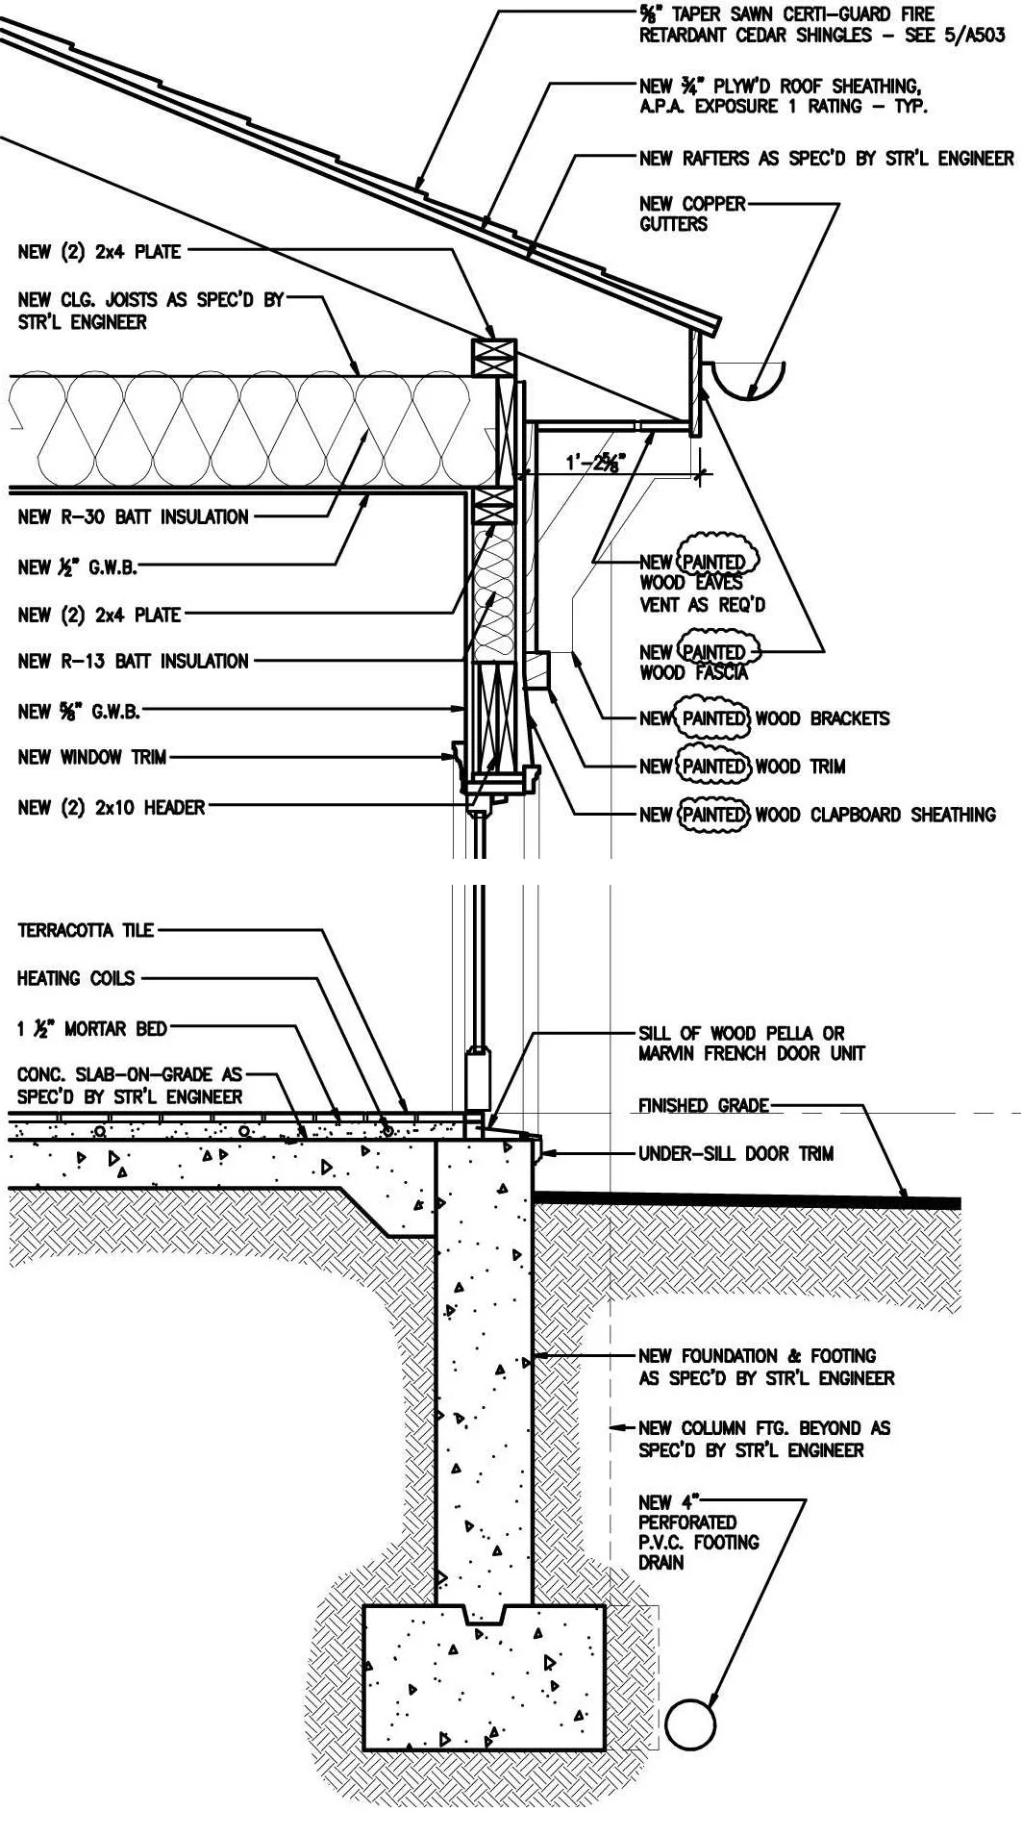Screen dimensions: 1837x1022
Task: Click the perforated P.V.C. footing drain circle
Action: click(690, 1724)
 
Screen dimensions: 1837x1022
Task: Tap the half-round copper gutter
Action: click(751, 383)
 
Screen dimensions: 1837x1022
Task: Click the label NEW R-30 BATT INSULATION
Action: click(133, 517)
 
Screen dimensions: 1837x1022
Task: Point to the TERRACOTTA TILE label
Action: click(85, 930)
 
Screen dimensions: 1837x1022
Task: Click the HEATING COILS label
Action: click(76, 978)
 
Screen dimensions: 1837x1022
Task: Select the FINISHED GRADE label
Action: click(703, 1106)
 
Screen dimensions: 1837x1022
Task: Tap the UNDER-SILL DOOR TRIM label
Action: click(735, 1153)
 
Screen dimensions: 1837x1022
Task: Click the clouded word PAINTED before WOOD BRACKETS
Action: click(712, 718)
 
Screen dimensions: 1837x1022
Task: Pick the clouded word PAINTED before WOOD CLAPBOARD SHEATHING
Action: click(712, 815)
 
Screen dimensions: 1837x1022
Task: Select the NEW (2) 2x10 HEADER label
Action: click(111, 808)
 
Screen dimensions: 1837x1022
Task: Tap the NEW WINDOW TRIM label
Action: click(92, 758)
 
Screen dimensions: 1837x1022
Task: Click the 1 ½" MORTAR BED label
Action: click(91, 1029)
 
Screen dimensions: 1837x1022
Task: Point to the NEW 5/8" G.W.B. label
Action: click(79, 712)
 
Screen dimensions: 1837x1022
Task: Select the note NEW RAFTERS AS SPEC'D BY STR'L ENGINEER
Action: click(826, 159)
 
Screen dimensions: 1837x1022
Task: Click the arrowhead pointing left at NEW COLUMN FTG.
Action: click(617, 1428)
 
